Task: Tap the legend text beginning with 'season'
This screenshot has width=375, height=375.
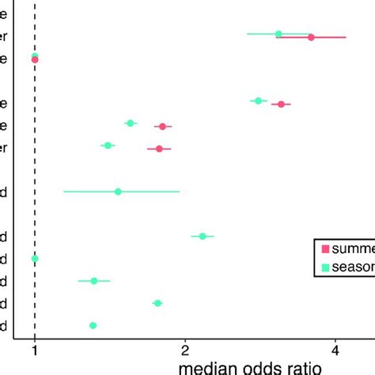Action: click(x=352, y=267)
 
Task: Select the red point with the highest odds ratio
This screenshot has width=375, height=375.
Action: click(x=311, y=37)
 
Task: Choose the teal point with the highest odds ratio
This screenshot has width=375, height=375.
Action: click(x=278, y=34)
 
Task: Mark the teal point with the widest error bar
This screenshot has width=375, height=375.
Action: click(x=118, y=191)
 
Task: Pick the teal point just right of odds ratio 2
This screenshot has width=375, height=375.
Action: click(x=203, y=236)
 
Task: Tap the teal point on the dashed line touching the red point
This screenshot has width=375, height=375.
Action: click(x=35, y=55)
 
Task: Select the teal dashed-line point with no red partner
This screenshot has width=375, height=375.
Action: click(x=34, y=259)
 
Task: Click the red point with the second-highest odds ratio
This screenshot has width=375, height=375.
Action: click(x=281, y=104)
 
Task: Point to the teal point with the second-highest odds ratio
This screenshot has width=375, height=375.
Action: click(x=258, y=100)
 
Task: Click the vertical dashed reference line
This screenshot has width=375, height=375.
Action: click(x=34, y=158)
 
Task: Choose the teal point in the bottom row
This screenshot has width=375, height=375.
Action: click(x=93, y=325)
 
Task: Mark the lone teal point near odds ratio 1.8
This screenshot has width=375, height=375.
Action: click(x=157, y=303)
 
